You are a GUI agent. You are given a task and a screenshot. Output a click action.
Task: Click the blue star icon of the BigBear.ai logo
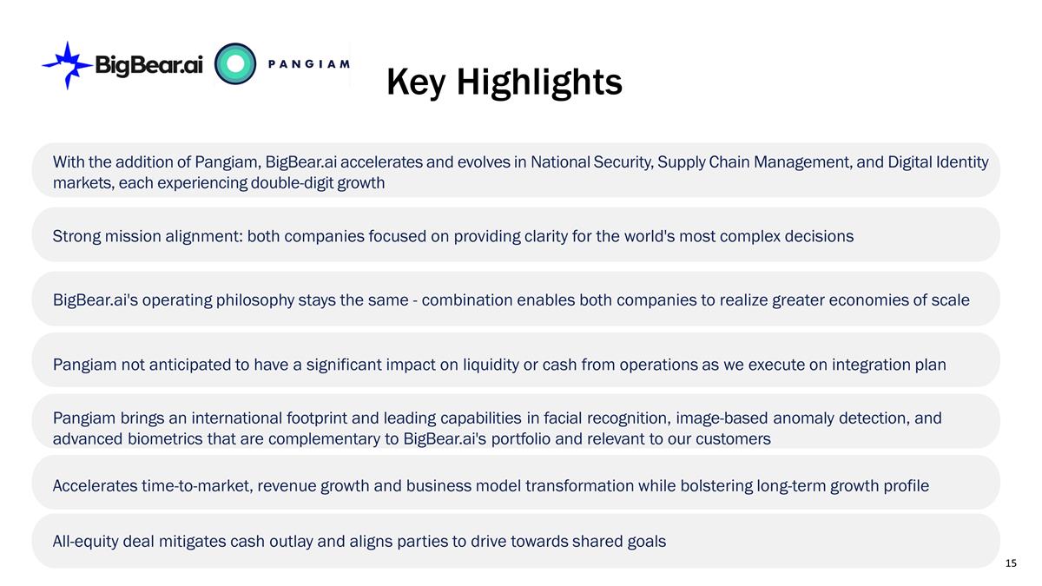point(68,66)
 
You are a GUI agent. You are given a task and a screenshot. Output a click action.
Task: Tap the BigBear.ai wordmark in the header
point(148,64)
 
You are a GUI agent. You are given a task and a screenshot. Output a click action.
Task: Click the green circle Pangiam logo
point(235,63)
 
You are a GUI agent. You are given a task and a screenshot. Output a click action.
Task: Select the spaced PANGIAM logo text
point(309,63)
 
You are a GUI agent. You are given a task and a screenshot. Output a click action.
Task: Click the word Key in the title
point(416,82)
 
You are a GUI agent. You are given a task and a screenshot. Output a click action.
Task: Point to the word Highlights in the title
point(539,82)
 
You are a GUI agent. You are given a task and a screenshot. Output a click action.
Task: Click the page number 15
point(1011,563)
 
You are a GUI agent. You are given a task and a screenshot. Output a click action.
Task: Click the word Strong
point(76,237)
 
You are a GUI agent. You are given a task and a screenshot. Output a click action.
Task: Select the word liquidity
point(491,365)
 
